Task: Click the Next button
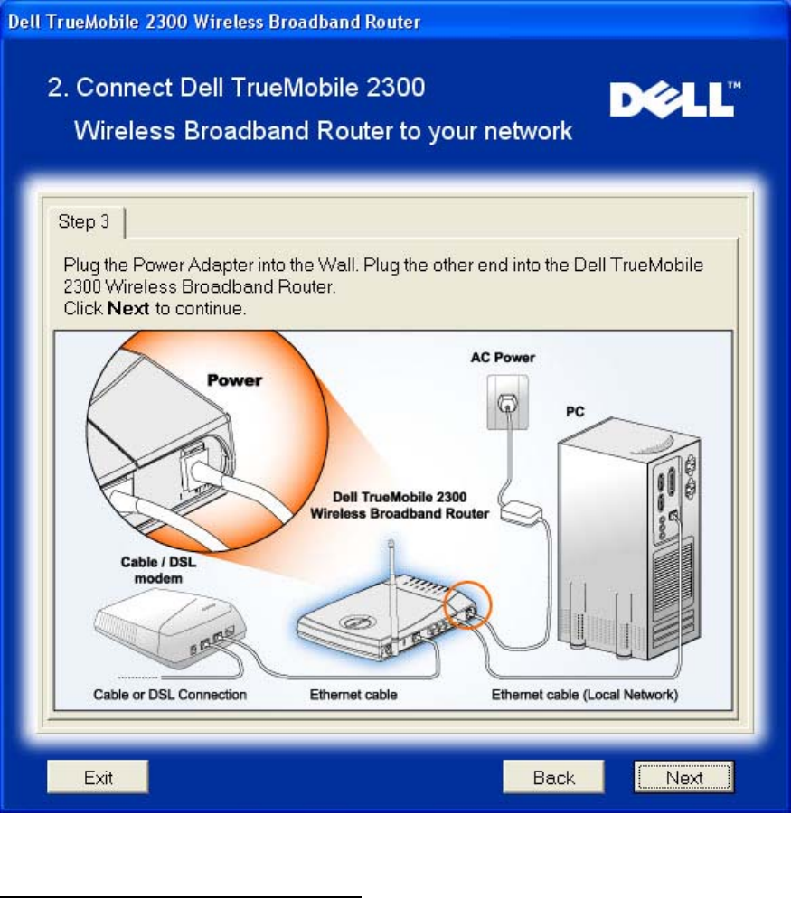pos(683,777)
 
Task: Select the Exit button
pos(98,777)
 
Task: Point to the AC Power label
pos(503,358)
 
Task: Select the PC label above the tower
pos(575,411)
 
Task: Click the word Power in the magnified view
pos(235,380)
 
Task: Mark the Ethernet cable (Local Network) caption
pos(585,695)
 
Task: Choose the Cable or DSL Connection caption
pos(171,695)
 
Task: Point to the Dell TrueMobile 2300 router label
pos(399,506)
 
